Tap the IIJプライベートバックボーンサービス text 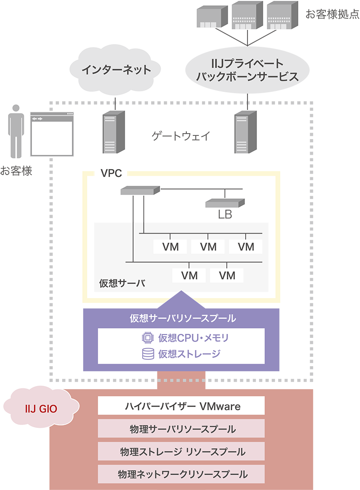247,70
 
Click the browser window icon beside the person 51,134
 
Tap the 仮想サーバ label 119,283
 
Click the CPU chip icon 148,337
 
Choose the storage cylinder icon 148,354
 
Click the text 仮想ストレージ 189,354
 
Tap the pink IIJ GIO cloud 40,409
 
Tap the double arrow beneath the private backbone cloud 247,103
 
